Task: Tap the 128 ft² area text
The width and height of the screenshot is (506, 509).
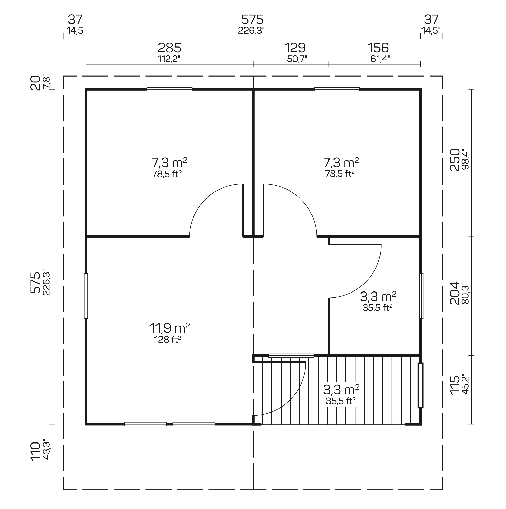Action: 168,340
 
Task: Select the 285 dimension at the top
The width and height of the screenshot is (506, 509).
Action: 169,48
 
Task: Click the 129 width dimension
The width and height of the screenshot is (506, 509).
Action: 295,48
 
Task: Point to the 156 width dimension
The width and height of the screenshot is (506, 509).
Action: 378,48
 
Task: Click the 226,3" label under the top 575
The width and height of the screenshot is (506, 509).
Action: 251,31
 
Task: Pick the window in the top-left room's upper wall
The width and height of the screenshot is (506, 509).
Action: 169,89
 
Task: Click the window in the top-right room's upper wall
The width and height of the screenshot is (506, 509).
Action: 337,89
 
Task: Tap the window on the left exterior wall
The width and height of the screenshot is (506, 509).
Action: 86,296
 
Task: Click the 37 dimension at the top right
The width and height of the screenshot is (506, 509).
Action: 431,19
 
